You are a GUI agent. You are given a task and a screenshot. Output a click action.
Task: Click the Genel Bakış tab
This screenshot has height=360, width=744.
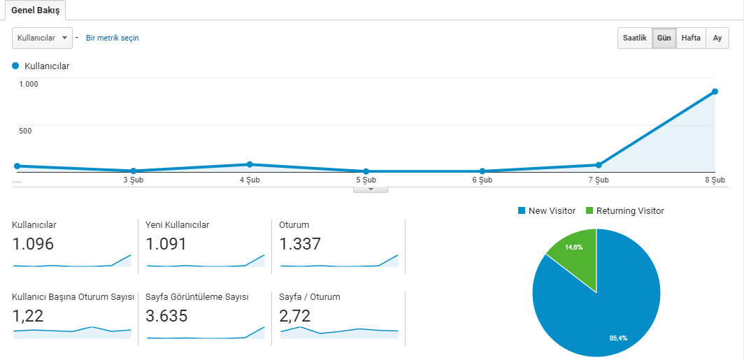click(x=36, y=10)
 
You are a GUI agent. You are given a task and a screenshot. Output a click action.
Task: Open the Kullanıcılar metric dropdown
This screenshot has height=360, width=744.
click(x=42, y=38)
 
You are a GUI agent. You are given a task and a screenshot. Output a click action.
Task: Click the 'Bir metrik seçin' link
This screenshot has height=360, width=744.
click(x=113, y=38)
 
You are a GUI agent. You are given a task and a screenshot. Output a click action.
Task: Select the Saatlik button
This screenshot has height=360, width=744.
click(x=635, y=38)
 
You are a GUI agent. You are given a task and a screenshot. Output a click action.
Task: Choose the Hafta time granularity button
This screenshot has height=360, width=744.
click(x=691, y=38)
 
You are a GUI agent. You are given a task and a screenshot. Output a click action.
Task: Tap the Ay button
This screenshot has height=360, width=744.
click(x=717, y=38)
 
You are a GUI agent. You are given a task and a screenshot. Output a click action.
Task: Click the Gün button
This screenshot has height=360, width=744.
click(x=664, y=38)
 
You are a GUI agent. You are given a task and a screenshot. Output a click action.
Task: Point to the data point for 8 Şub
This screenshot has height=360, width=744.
click(x=715, y=92)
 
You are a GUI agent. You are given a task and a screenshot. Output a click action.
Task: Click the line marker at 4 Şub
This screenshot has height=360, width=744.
click(x=250, y=164)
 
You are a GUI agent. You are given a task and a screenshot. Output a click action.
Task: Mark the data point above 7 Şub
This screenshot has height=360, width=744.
click(x=599, y=165)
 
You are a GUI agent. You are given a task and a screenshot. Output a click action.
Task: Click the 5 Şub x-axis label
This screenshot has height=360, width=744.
click(x=366, y=180)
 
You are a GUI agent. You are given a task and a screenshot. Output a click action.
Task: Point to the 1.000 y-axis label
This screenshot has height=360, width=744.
click(x=29, y=84)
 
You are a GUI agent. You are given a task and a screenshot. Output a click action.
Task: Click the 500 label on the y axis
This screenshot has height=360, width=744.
click(x=25, y=131)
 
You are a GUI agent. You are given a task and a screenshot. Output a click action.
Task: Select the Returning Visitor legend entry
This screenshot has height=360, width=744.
click(x=625, y=211)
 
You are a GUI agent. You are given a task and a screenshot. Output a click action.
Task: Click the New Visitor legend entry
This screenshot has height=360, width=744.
click(x=547, y=211)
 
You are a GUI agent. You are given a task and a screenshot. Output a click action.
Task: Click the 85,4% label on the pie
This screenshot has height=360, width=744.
click(x=619, y=338)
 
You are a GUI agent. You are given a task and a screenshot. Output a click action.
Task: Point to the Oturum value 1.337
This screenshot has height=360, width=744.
click(x=300, y=244)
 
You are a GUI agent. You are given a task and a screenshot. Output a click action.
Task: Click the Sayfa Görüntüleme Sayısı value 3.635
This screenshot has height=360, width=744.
click(x=166, y=315)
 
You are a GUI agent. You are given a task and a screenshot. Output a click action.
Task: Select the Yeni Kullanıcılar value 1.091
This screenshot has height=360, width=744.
click(x=166, y=244)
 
